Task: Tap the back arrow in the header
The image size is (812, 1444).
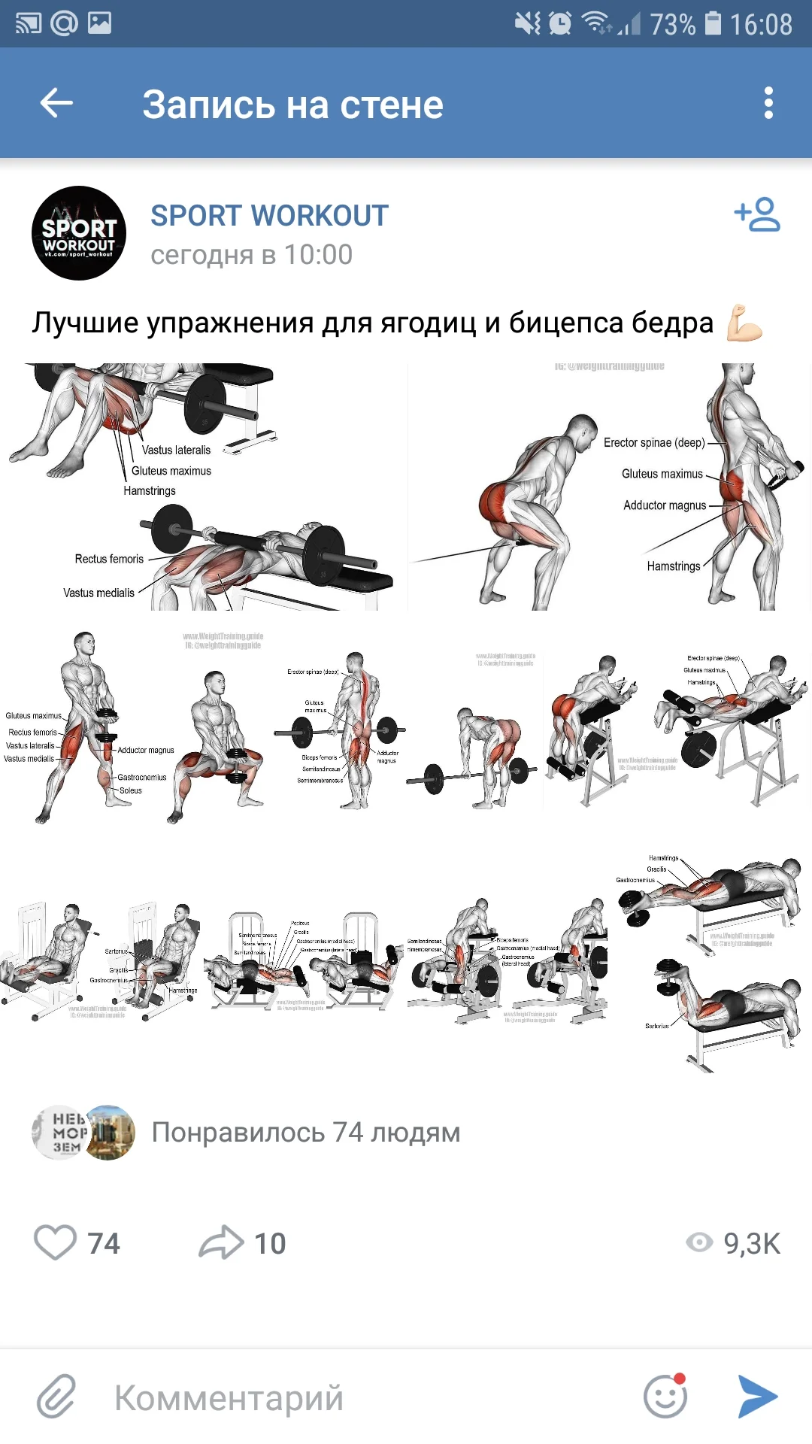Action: coord(56,103)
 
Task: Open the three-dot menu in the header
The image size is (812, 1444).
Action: coord(768,103)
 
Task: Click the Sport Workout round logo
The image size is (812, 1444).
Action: coord(79,233)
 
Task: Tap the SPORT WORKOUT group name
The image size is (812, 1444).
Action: coord(269,216)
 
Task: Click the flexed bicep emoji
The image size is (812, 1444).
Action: coord(744,323)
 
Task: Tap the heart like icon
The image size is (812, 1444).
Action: coord(56,1242)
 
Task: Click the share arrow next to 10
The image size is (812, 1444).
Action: coord(221,1242)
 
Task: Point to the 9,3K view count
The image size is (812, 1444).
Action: coord(751,1243)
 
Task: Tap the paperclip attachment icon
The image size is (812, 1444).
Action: coord(57,1397)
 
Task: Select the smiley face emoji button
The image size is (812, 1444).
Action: coord(665,1397)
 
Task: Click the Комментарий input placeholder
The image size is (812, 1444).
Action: coord(229,1398)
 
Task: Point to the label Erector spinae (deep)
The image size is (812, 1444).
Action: coord(654,443)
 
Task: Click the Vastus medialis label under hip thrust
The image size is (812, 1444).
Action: coord(98,593)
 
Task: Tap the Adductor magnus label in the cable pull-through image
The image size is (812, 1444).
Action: coord(665,505)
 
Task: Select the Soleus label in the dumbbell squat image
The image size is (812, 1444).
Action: coord(130,790)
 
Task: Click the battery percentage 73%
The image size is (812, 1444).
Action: coord(672,24)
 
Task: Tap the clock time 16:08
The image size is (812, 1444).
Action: coord(761,24)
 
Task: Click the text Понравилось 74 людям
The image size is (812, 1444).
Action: coord(305,1133)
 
